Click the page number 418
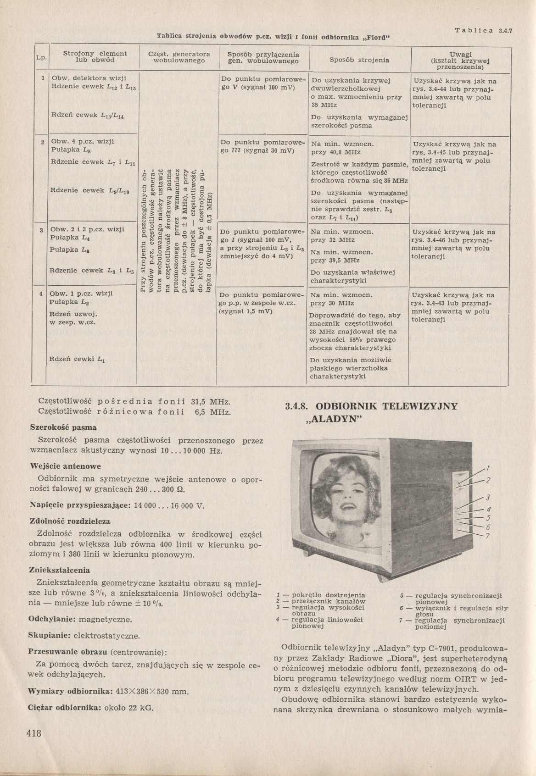pyautogui.click(x=34, y=733)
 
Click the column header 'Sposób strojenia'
pyautogui.click(x=359, y=60)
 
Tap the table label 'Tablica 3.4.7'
pyautogui.click(x=483, y=31)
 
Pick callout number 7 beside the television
pyautogui.click(x=488, y=536)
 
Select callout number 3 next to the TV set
pyautogui.click(x=488, y=498)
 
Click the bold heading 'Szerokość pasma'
pyautogui.click(x=63, y=427)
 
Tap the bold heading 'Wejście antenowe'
pyautogui.click(x=65, y=466)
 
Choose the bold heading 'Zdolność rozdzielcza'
pyautogui.click(x=70, y=521)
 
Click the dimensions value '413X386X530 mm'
pyautogui.click(x=154, y=691)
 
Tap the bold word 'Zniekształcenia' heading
pyautogui.click(x=59, y=570)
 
